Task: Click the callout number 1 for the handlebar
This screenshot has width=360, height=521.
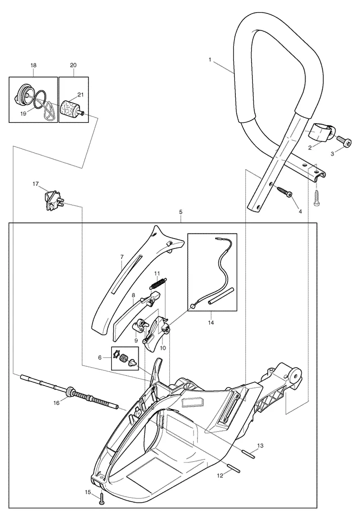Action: tap(210, 60)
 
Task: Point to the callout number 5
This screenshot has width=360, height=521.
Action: tap(180, 211)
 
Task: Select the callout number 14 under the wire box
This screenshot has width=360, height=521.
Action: tap(211, 322)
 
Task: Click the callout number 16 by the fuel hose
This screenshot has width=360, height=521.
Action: tap(57, 403)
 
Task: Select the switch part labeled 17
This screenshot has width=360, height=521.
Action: tap(52, 200)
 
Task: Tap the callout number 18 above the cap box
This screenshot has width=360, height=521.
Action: tap(33, 65)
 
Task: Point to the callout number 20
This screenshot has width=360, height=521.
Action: tap(73, 65)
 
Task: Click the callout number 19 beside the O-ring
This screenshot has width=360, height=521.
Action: tap(23, 113)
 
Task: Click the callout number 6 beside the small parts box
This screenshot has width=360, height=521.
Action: tap(100, 357)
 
